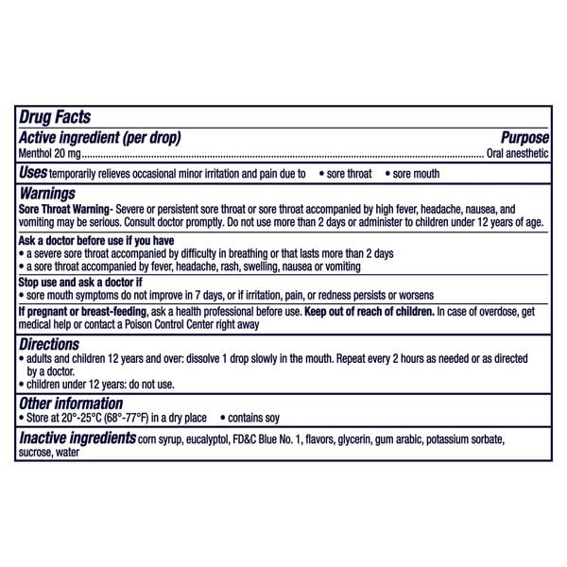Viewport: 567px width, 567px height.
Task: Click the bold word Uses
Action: (x=34, y=173)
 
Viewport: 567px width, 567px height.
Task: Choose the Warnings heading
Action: (x=48, y=192)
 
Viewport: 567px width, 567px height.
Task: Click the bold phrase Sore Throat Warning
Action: (x=60, y=207)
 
